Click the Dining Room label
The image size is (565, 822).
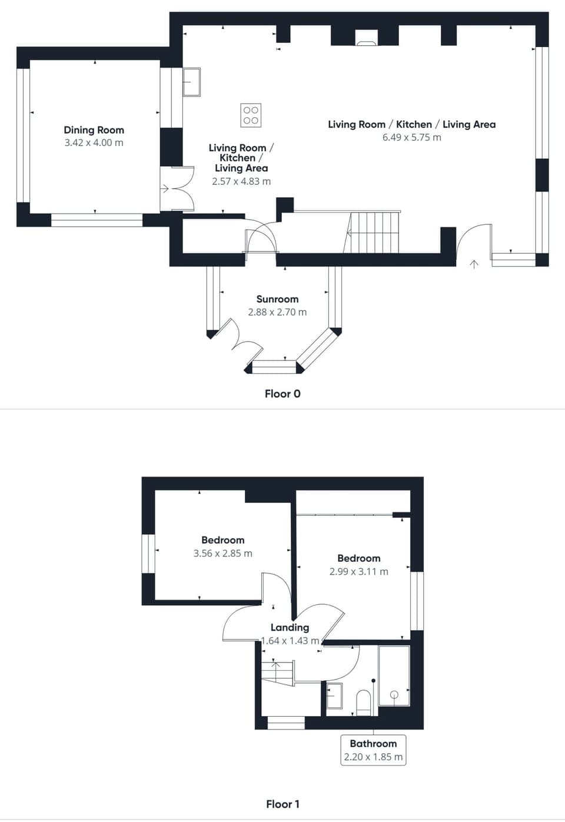[94, 130]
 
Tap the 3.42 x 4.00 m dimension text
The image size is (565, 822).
[94, 143]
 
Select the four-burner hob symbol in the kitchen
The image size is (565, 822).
[251, 115]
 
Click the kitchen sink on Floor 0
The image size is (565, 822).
[191, 82]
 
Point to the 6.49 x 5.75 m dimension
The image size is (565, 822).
[411, 137]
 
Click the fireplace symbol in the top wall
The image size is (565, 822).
[365, 39]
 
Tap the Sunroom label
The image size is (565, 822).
[277, 299]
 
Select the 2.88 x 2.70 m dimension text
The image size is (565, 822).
[277, 312]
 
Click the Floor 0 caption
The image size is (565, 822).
[282, 393]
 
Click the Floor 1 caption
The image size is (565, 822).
[282, 804]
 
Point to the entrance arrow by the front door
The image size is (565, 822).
[474, 264]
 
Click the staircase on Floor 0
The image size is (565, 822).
[374, 232]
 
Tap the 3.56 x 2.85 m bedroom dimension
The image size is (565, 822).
[222, 553]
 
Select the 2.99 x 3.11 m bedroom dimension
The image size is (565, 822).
[358, 572]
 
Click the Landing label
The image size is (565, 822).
[290, 628]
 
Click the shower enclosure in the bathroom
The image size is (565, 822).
[393, 675]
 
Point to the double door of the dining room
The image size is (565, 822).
[178, 189]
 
